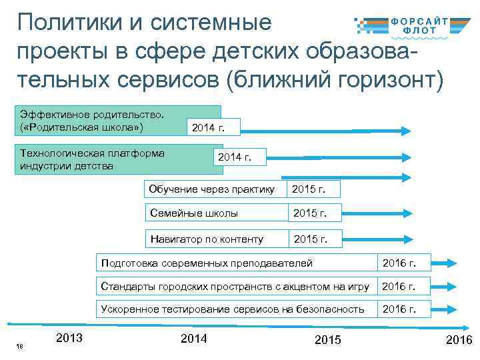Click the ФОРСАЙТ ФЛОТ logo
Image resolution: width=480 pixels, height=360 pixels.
tap(411, 25)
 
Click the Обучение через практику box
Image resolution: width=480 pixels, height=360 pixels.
tap(212, 189)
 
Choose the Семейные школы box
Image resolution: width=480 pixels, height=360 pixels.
tap(212, 213)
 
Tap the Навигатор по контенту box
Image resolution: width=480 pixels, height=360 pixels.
tap(212, 239)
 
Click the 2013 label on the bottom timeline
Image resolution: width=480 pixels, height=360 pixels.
tap(70, 338)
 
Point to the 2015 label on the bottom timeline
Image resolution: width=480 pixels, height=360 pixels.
tap(327, 340)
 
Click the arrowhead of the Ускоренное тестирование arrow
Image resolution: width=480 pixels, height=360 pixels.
tap(451, 309)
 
